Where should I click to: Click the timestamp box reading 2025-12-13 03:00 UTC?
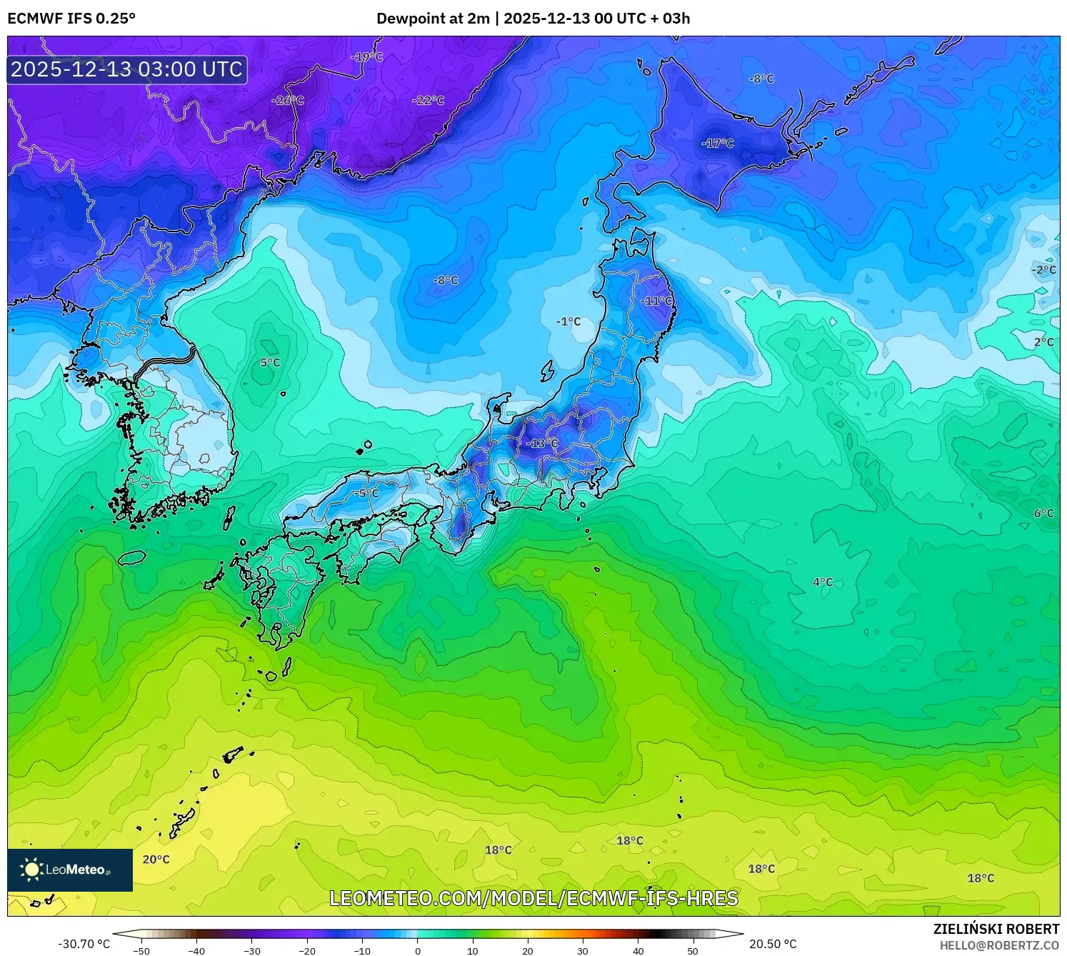pos(126,69)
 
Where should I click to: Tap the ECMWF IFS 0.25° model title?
pos(71,19)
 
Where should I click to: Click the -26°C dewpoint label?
pos(288,101)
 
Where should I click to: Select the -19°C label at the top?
pos(367,56)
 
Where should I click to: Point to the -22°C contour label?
pos(428,101)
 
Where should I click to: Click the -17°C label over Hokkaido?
pos(718,144)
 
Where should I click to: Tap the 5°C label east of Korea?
pos(270,363)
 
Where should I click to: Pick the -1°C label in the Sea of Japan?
pos(568,322)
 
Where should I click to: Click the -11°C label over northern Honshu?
pos(656,301)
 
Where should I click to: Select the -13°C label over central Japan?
pos(542,444)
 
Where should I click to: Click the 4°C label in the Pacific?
pos(823,582)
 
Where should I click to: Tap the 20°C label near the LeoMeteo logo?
pos(156,860)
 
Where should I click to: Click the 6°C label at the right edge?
pos(1043,513)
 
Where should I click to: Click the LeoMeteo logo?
pos(70,870)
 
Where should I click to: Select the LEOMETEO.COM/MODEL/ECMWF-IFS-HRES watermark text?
pos(533,898)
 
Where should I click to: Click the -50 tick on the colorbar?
pos(141,950)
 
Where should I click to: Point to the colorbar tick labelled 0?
pos(418,950)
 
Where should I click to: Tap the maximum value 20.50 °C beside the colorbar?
pos(773,944)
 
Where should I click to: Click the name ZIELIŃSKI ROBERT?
pos(996,929)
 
